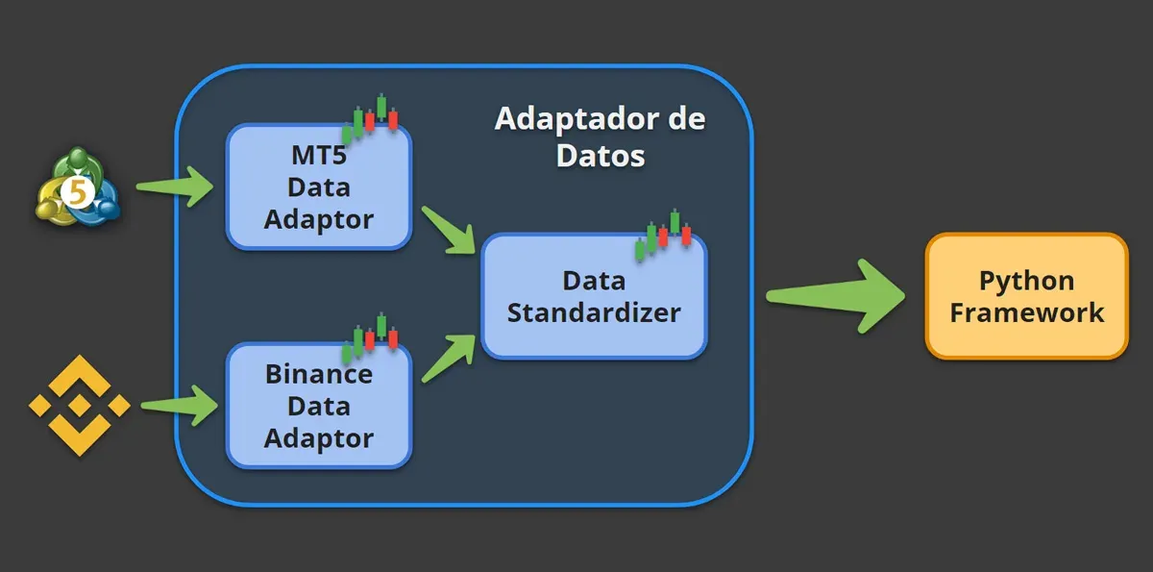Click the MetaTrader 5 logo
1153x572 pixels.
tap(77, 189)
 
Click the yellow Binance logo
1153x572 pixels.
tap(79, 406)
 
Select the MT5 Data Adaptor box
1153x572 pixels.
tap(318, 187)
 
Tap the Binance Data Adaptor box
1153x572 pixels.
tap(318, 406)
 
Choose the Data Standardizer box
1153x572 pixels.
tap(594, 296)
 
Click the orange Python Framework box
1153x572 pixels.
tap(1026, 296)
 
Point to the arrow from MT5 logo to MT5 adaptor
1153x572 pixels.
tap(177, 186)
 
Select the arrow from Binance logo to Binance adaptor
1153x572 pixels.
tap(181, 405)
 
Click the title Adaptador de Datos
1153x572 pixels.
tap(601, 137)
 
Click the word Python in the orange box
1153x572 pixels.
tap(1026, 281)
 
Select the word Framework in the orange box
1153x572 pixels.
tap(1026, 312)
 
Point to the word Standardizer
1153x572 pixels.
tap(594, 312)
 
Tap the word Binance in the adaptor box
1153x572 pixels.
tap(318, 374)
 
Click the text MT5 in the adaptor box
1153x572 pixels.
tap(318, 155)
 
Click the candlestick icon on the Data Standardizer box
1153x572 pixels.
tap(663, 232)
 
